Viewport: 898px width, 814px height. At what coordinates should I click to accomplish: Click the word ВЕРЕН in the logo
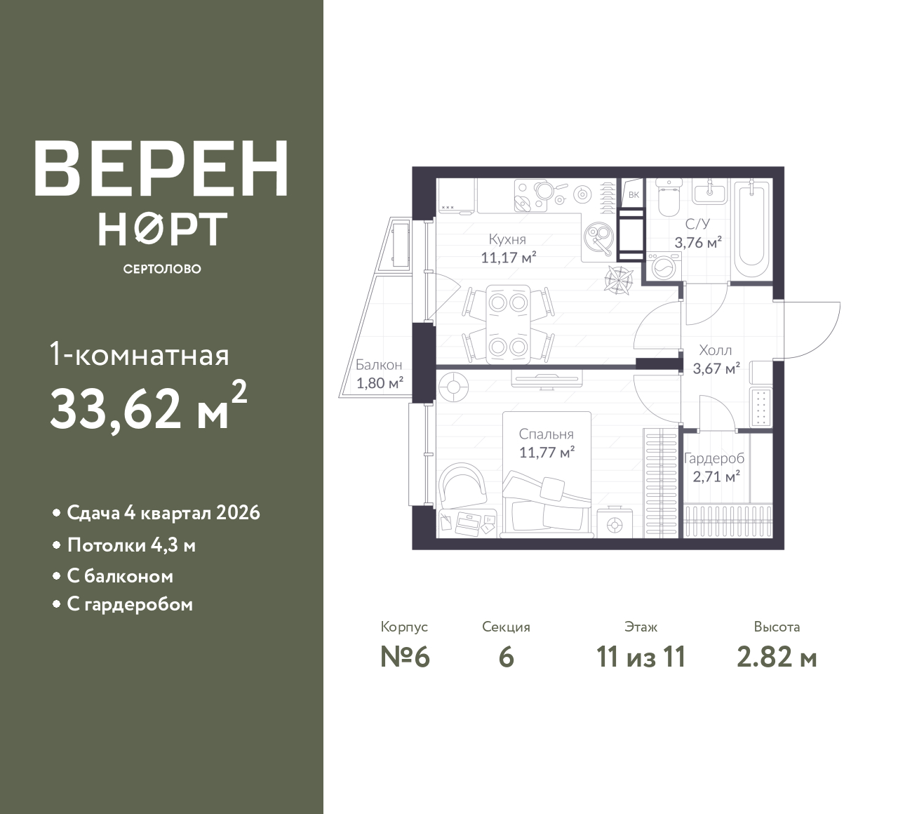[x=161, y=168]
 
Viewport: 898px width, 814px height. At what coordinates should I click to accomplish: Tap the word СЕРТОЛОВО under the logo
[x=162, y=269]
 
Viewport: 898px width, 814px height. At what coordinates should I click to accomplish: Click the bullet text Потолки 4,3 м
[x=131, y=546]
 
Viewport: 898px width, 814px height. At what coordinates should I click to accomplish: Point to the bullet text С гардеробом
[x=130, y=604]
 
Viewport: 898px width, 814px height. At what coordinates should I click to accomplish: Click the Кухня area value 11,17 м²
[x=509, y=258]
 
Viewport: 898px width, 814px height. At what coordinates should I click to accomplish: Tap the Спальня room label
[x=546, y=434]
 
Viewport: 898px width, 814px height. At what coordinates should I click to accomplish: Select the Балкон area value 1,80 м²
[x=380, y=383]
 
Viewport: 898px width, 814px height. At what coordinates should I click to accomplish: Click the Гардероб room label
[x=714, y=458]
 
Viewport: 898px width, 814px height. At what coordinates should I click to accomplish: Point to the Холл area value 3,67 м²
[x=716, y=368]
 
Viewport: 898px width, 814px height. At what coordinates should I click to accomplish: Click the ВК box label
[x=634, y=195]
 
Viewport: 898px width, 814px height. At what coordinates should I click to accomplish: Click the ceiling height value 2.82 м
[x=777, y=658]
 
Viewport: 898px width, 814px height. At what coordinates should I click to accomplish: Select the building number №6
[x=405, y=658]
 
